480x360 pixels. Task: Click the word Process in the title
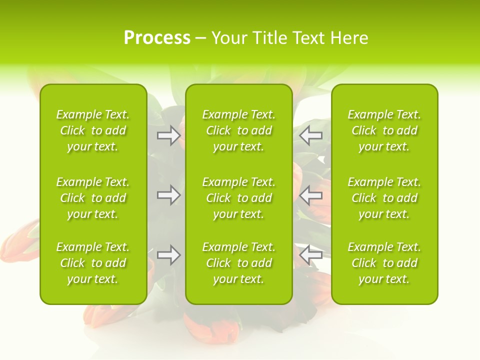(x=157, y=38)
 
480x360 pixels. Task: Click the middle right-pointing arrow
(x=168, y=195)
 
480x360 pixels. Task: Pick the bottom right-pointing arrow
(x=168, y=255)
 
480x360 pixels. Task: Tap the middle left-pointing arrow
(x=311, y=195)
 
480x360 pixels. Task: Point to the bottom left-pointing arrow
(x=311, y=255)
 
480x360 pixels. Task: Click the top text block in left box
(x=93, y=130)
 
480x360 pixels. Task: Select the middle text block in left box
(x=93, y=198)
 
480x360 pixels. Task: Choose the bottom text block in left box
(x=93, y=263)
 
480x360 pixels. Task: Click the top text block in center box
(x=238, y=130)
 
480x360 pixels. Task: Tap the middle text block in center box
(x=238, y=198)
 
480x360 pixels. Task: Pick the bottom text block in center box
(x=238, y=263)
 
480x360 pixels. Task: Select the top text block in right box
(x=384, y=130)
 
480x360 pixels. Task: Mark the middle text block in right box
(x=384, y=198)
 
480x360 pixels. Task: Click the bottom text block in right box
(x=384, y=263)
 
